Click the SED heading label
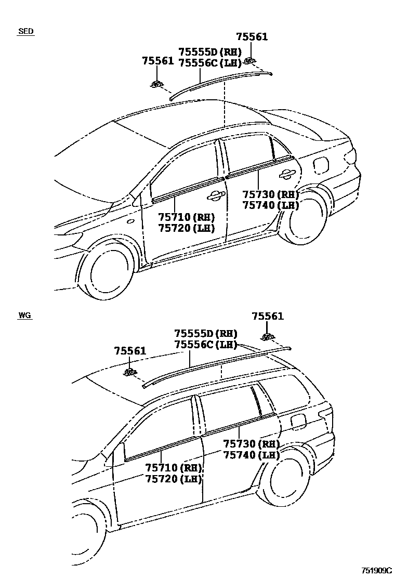coord(26,31)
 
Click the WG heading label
coord(25,316)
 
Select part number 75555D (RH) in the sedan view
coord(210,52)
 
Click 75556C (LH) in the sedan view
coord(210,63)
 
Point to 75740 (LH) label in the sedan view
coord(270,205)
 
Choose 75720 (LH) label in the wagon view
coord(173,479)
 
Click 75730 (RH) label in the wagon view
coord(251,444)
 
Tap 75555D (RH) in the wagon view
coord(205,334)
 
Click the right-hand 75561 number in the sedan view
coord(252,37)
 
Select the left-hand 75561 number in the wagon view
coord(130,352)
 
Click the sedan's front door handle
coord(215,195)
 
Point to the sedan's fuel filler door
coord(321,164)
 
